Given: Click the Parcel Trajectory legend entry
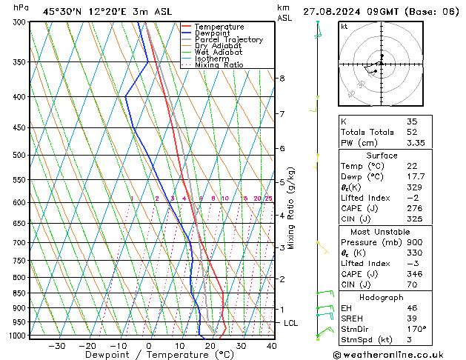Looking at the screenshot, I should click(x=228, y=40).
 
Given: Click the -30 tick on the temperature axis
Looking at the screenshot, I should click(x=56, y=346).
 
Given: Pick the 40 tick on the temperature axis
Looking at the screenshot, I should click(x=271, y=346).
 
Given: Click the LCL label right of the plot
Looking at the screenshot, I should click(x=291, y=323).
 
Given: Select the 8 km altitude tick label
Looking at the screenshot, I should click(x=282, y=78).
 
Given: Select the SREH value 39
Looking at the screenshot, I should click(x=412, y=318).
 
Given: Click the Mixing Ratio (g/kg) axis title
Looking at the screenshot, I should click(x=292, y=208).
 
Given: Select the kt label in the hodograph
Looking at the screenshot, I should click(x=344, y=27).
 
